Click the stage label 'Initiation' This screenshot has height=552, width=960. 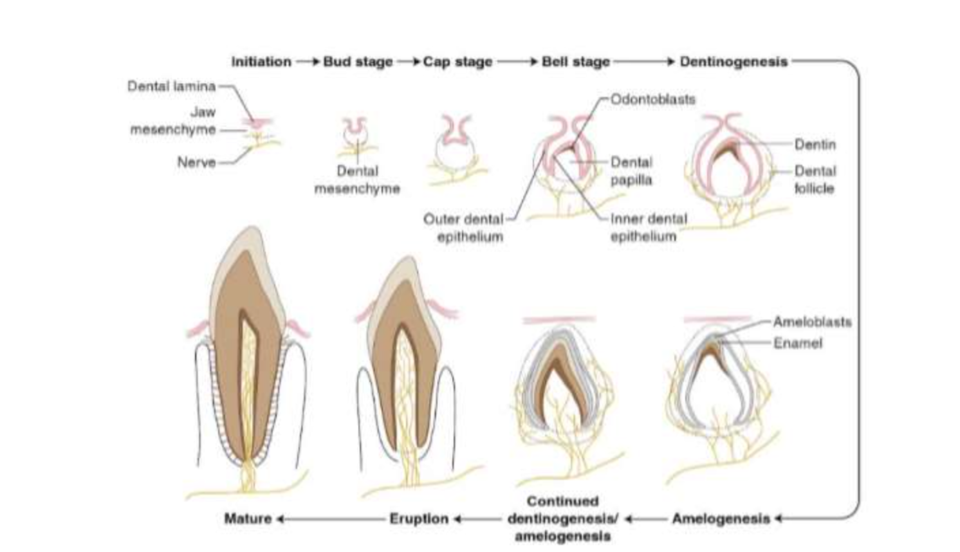tap(261, 62)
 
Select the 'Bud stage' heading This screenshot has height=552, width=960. tap(358, 62)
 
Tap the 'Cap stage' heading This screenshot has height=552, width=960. tap(457, 62)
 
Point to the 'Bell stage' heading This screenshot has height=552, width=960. tap(575, 62)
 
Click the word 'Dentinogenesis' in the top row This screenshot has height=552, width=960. tap(734, 62)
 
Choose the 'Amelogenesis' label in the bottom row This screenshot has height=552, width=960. tap(721, 519)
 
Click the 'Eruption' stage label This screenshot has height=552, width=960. tap(419, 519)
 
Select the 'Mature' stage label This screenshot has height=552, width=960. tap(248, 519)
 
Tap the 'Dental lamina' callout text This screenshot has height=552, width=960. tap(171, 86)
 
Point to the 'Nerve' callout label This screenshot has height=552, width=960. tap(196, 162)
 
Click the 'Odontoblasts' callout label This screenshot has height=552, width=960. tap(652, 99)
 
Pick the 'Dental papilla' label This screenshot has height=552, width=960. tap(631, 171)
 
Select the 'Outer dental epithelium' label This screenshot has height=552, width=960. tap(463, 228)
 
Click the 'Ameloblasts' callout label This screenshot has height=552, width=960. tap(812, 322)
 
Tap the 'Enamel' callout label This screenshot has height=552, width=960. tap(798, 343)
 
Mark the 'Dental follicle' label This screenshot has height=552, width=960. tap(815, 179)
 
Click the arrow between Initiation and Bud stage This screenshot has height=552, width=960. tap(308, 62)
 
